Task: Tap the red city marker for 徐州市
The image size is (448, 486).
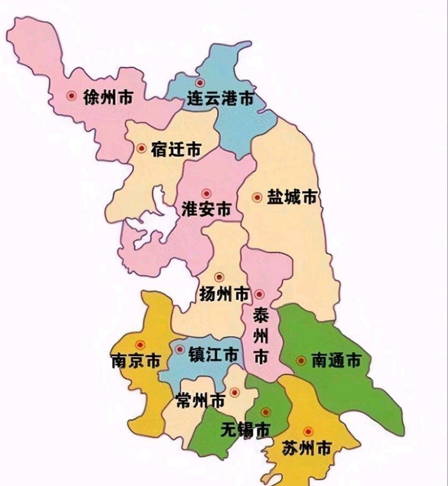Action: click(x=70, y=96)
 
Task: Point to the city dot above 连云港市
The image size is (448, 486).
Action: click(x=200, y=82)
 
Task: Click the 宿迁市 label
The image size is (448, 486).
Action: click(x=176, y=149)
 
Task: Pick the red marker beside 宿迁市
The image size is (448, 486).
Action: click(x=141, y=148)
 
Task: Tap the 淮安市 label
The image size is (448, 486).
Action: click(x=206, y=209)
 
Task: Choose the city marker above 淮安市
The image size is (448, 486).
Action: click(x=206, y=194)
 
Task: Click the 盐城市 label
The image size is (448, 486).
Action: click(x=292, y=197)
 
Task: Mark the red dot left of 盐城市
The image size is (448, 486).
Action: click(x=258, y=197)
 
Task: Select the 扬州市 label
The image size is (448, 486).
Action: click(x=224, y=294)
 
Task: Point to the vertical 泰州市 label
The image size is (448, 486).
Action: click(x=261, y=336)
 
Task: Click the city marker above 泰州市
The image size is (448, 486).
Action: click(x=259, y=294)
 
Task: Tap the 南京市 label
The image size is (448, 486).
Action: click(x=136, y=361)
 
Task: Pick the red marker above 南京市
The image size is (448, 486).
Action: click(x=141, y=345)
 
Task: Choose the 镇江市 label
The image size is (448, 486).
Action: click(x=214, y=355)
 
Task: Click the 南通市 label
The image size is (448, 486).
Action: click(x=336, y=360)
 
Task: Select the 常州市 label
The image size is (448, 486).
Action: click(x=201, y=401)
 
